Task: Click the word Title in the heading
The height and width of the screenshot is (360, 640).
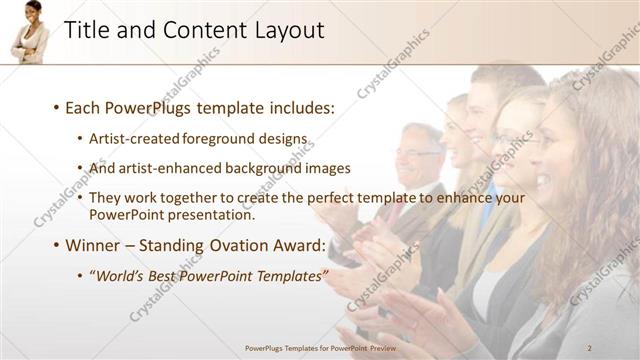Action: click(x=87, y=31)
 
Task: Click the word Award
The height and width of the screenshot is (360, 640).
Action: click(x=298, y=244)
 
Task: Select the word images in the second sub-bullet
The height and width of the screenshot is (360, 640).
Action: click(x=328, y=168)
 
